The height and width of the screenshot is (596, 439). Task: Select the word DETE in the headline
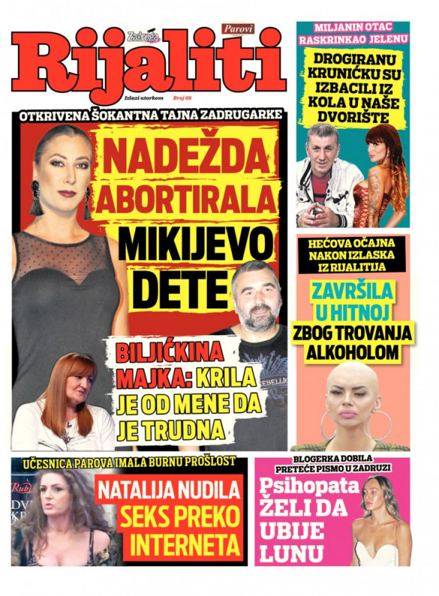pos(180,291)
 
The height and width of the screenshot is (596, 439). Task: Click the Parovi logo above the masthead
pos(239,29)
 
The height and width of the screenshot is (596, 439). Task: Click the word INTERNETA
pos(185,545)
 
